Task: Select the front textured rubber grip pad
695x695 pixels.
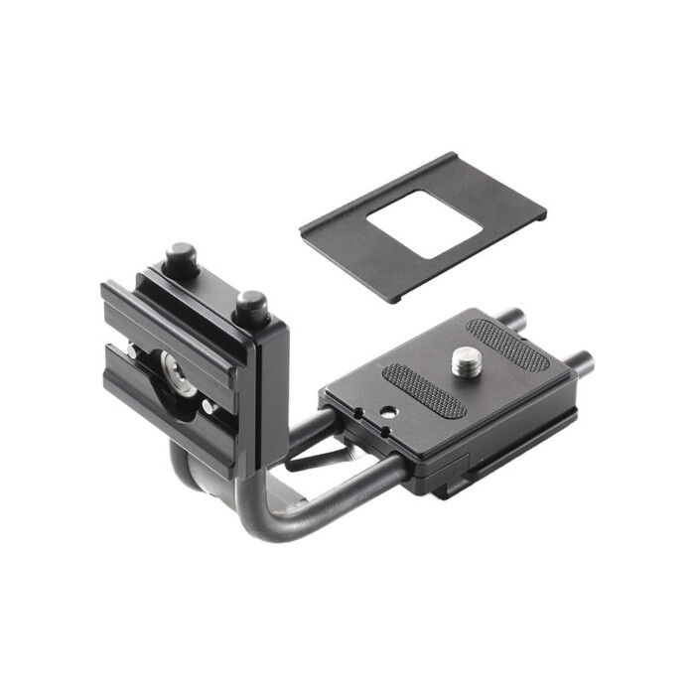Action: click(x=425, y=390)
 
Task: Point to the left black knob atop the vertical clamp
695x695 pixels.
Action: click(x=180, y=259)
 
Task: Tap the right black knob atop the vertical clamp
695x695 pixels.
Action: click(x=250, y=306)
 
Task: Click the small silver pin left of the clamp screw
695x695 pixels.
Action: click(x=132, y=351)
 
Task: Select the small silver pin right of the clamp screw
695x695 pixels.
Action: click(x=208, y=406)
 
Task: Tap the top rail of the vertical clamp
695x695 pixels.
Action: click(x=174, y=308)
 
